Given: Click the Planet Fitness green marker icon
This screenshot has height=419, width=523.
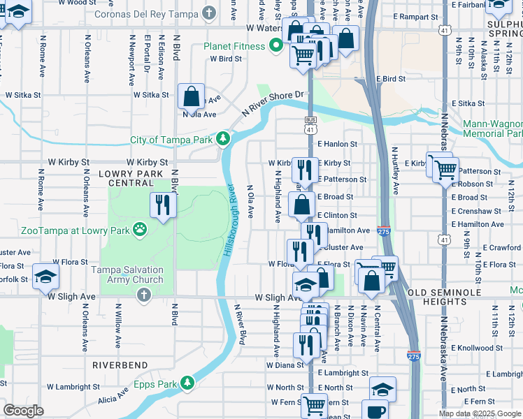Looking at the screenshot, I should (277, 47).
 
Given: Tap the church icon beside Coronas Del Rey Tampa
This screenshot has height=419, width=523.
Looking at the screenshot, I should (208, 13).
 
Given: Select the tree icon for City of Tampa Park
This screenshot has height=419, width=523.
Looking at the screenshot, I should (223, 139).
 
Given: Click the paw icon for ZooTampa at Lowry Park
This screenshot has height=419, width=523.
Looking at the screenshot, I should (141, 228).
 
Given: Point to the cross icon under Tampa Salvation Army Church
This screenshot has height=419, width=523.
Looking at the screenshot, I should (143, 295).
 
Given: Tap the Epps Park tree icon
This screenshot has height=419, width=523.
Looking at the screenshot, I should (187, 383).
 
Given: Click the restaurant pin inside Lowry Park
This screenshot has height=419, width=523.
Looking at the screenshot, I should (163, 205).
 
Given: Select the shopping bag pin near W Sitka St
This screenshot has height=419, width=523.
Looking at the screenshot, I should (191, 96).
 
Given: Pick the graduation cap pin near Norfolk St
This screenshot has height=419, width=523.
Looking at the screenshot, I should (45, 277).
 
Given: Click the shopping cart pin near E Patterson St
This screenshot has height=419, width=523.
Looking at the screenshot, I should (445, 168).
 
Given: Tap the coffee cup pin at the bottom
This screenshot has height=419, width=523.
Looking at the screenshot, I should (374, 412).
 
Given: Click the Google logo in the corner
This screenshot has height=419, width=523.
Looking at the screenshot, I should (23, 411).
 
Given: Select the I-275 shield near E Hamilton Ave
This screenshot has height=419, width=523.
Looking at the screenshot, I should (383, 232).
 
